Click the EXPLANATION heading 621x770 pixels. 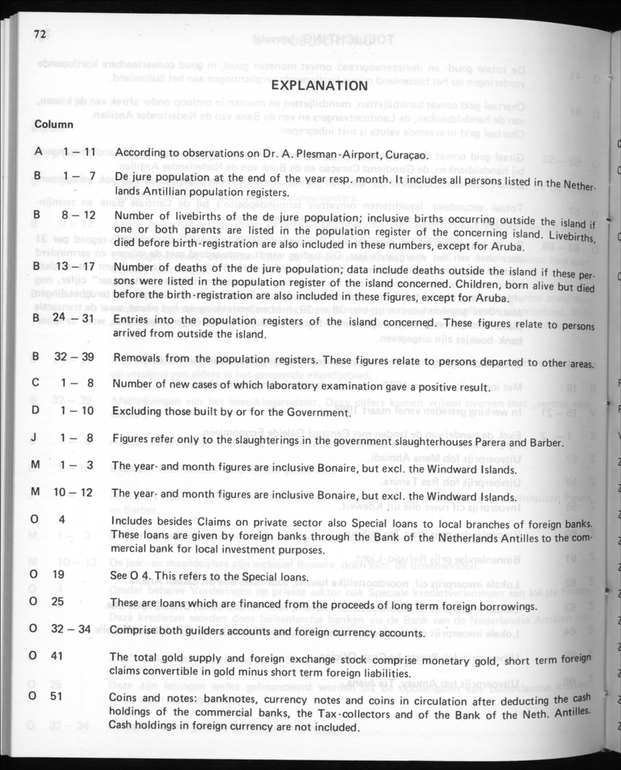319,86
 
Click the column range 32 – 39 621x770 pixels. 75,359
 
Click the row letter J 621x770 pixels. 35,439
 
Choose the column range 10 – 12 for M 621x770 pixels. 73,493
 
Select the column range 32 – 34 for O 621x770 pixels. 73,628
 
